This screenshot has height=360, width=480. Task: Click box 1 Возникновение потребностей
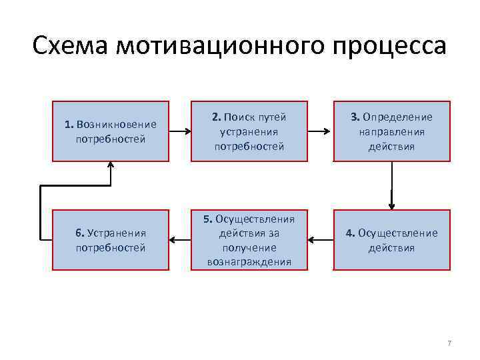click(x=111, y=131)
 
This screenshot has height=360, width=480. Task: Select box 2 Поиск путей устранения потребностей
click(x=249, y=131)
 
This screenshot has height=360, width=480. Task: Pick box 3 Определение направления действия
click(x=392, y=131)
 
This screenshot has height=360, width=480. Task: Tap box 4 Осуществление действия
click(x=392, y=240)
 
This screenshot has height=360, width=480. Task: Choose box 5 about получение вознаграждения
click(x=249, y=240)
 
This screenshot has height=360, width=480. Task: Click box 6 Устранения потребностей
click(x=111, y=240)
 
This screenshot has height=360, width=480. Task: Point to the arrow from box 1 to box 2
click(x=179, y=131)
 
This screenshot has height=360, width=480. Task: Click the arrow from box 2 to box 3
click(x=321, y=131)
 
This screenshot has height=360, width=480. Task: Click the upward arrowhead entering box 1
click(x=111, y=166)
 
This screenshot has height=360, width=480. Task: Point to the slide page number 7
click(x=449, y=343)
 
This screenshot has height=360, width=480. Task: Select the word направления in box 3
click(x=392, y=131)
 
